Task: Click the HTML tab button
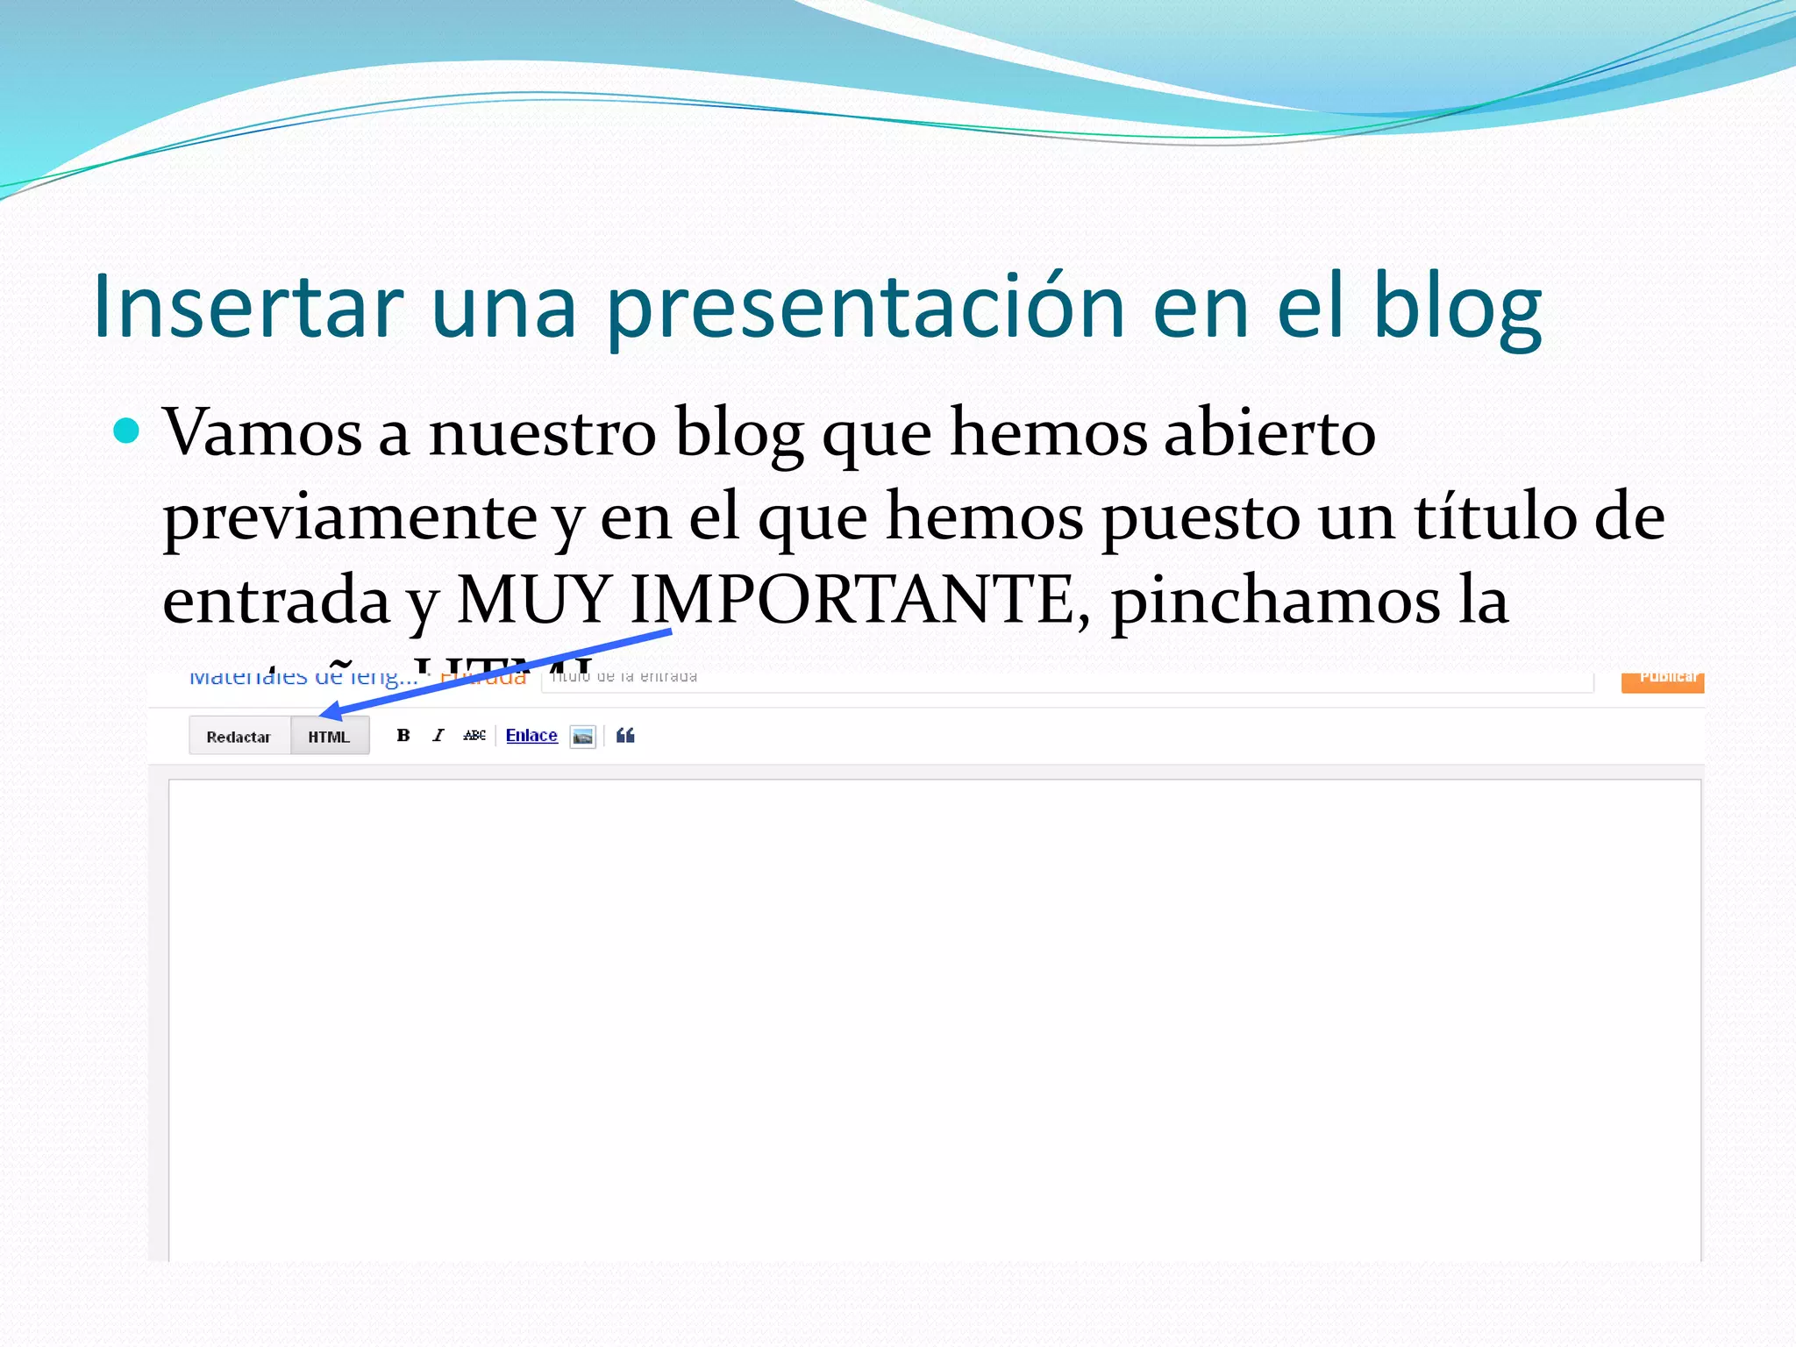click(x=329, y=737)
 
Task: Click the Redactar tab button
click(x=239, y=737)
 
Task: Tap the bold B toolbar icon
click(x=403, y=735)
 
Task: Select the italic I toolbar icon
click(x=438, y=735)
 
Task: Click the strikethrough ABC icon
click(x=474, y=735)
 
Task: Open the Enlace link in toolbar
click(x=531, y=735)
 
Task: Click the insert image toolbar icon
click(x=582, y=736)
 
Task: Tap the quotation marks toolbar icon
click(x=625, y=735)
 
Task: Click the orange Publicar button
click(x=1663, y=681)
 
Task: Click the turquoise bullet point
click(x=127, y=431)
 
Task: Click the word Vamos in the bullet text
click(x=262, y=432)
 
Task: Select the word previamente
click(x=350, y=517)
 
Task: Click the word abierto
click(x=1269, y=432)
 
